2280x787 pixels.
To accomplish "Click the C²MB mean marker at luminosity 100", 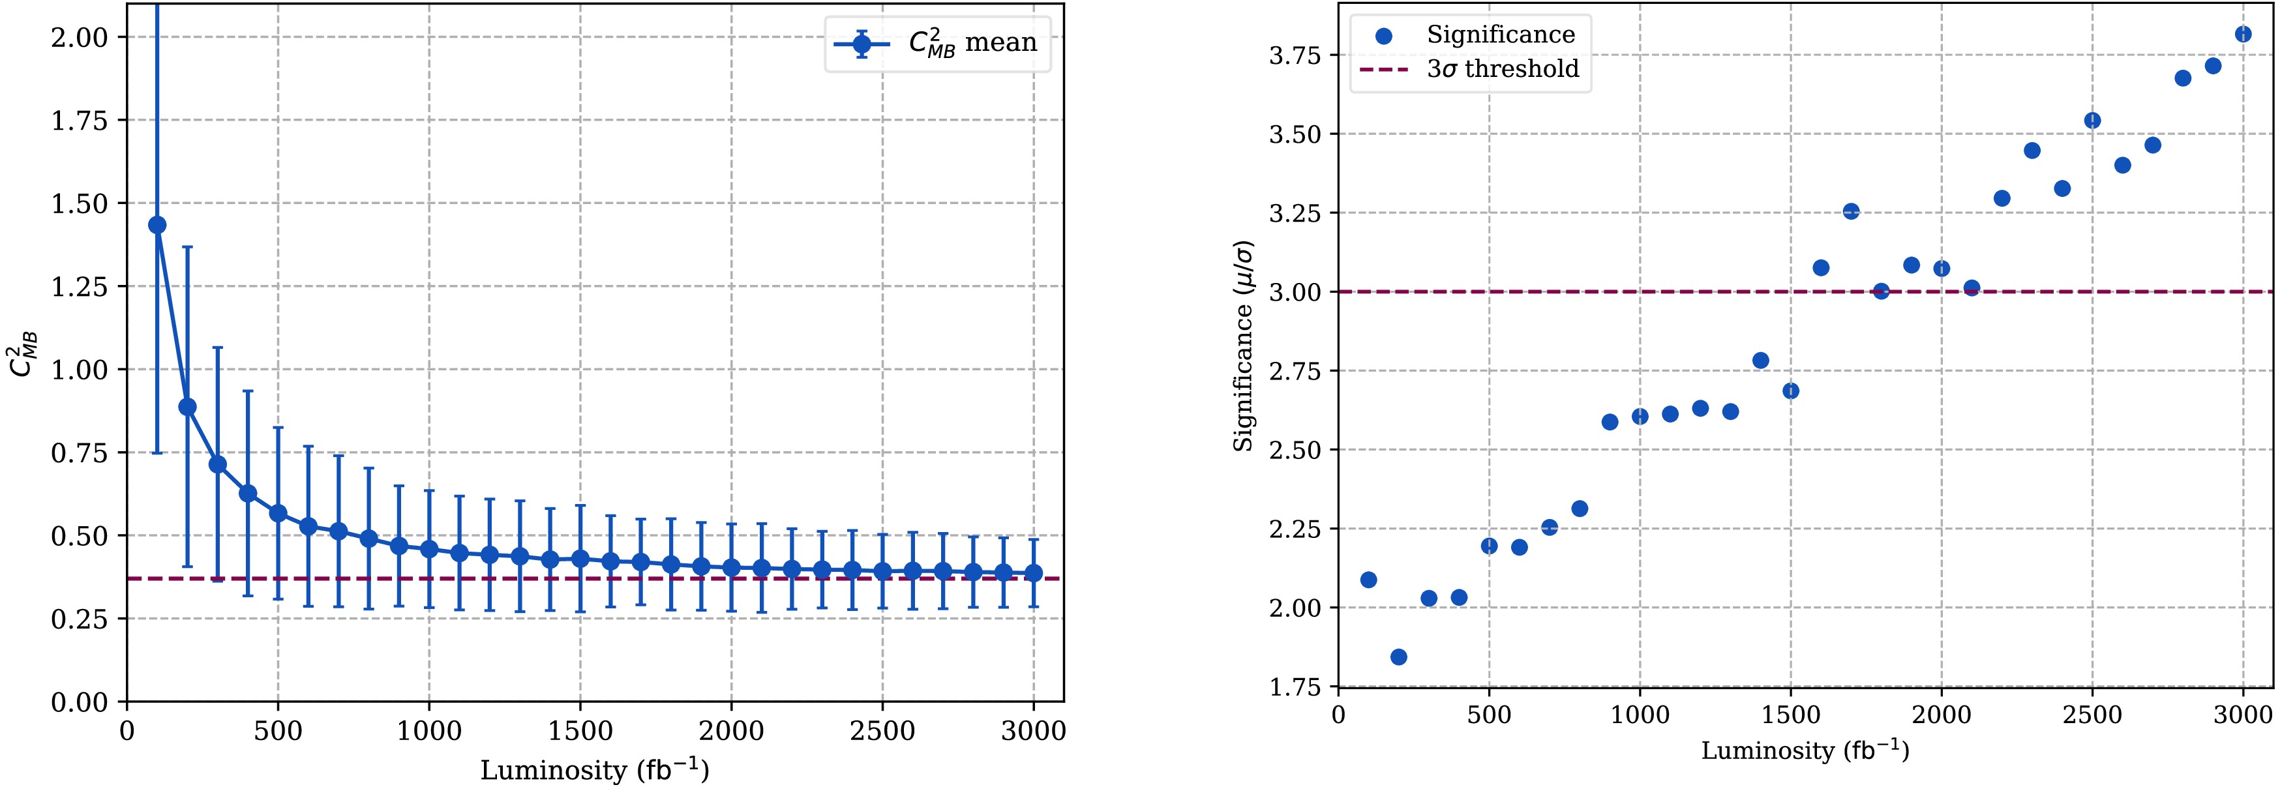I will [158, 225].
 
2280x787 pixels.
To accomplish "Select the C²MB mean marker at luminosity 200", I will [188, 406].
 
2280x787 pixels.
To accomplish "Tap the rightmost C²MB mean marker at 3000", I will [1033, 572].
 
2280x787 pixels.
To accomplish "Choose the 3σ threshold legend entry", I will [1469, 69].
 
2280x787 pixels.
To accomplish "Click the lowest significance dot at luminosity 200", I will [1398, 657].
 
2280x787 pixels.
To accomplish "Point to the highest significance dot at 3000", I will [2243, 35].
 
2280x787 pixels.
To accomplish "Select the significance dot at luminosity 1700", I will [1851, 211].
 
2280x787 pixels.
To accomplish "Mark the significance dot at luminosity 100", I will [1368, 580].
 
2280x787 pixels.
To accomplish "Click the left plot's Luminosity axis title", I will [595, 770].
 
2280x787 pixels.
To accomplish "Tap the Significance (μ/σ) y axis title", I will [1244, 346].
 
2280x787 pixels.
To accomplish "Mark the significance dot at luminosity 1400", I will [1760, 361].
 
